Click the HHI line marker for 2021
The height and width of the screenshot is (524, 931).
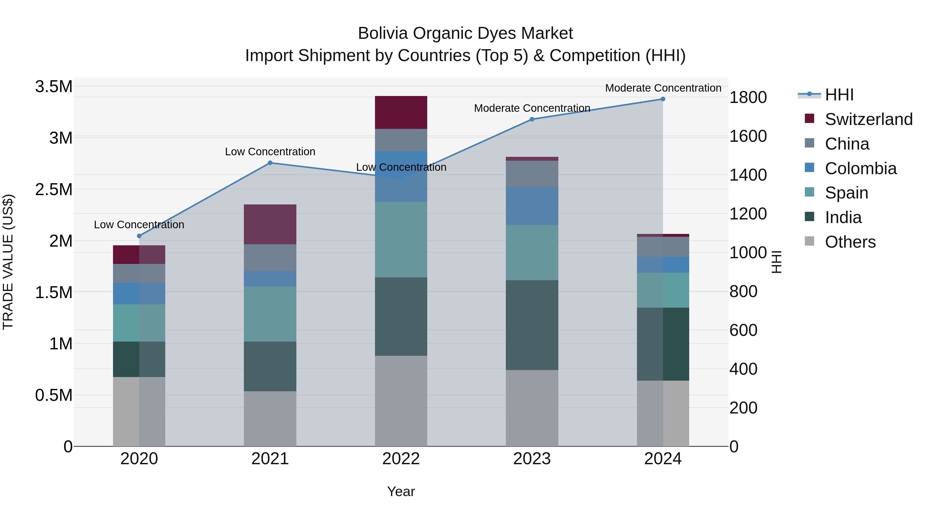[x=270, y=163]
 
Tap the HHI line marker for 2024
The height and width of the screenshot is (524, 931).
[x=663, y=99]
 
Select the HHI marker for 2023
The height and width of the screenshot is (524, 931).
[x=532, y=119]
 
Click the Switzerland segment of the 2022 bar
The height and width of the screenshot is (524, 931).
[x=401, y=113]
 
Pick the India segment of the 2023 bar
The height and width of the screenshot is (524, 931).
[x=532, y=325]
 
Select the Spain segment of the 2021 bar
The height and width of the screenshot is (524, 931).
[x=270, y=314]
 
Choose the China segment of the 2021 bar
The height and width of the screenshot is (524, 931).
[x=270, y=257]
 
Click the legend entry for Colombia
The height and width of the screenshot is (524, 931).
[x=860, y=168]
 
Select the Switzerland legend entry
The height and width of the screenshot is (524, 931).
[x=868, y=119]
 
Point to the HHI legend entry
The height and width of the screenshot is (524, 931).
[x=839, y=95]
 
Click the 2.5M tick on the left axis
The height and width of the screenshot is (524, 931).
[x=54, y=189]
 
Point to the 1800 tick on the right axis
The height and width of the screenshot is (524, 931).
[x=748, y=97]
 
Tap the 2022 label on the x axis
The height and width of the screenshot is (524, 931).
[x=401, y=459]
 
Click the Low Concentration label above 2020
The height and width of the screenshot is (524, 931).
[x=139, y=225]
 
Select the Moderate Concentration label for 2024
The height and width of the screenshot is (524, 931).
[x=663, y=88]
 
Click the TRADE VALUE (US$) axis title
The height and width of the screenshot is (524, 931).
[x=8, y=262]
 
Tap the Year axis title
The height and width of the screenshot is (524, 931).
[x=401, y=491]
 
